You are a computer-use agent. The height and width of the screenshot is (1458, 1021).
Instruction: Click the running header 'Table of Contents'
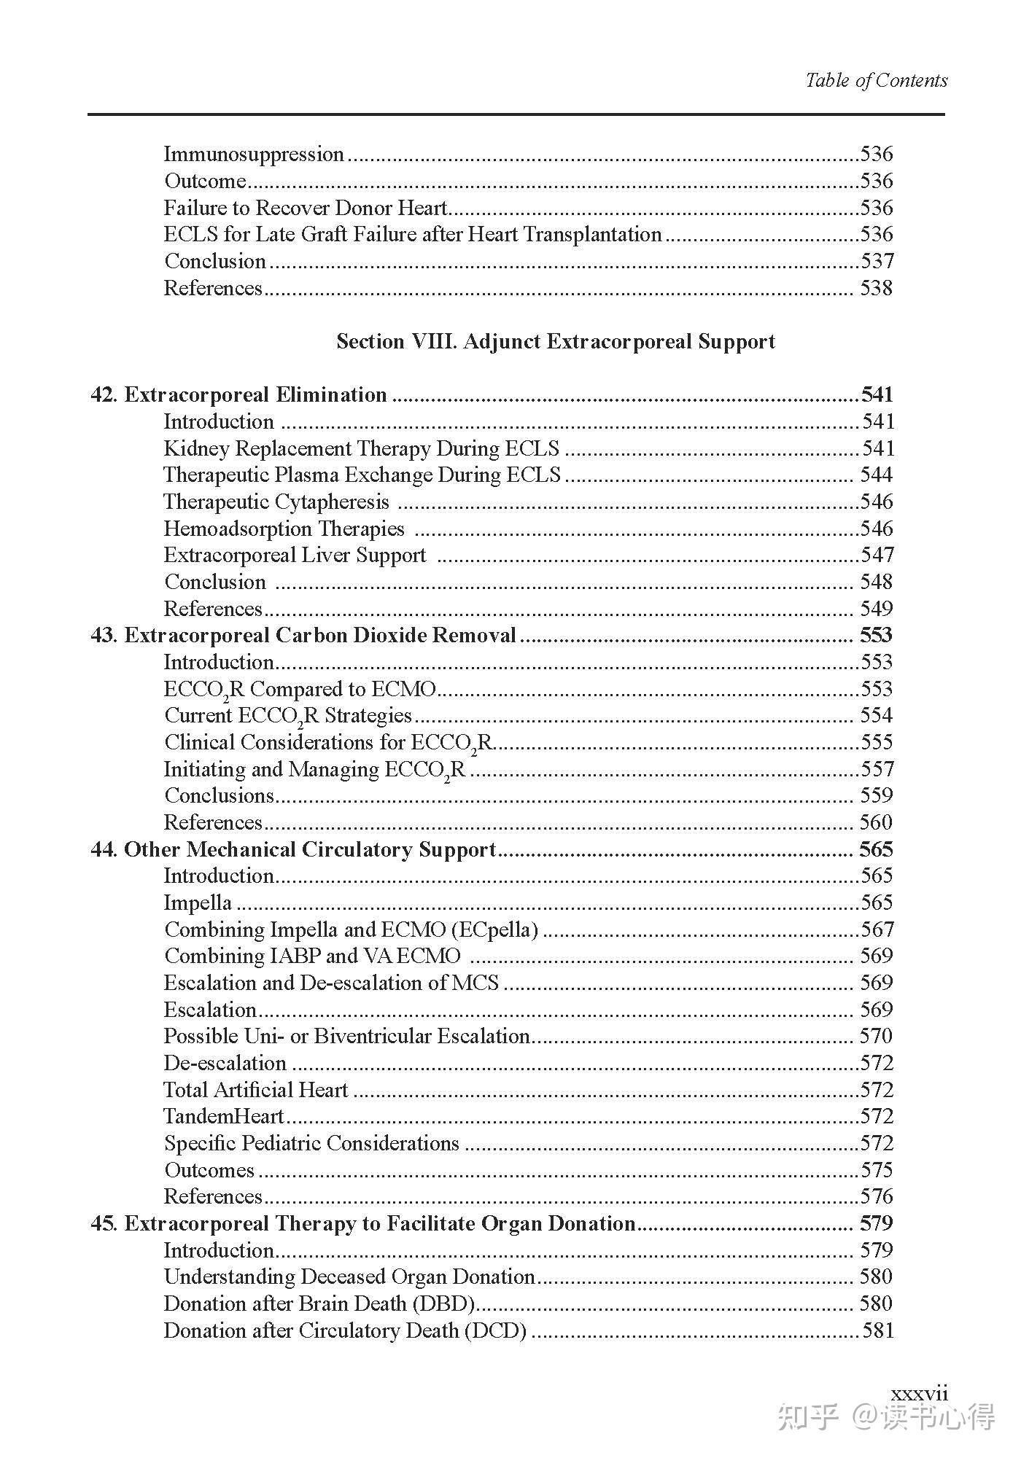[x=876, y=80]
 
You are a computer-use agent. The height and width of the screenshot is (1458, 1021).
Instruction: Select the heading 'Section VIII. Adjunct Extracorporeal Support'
[x=555, y=341]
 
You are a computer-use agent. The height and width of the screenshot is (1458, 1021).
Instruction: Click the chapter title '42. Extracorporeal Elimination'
[x=238, y=395]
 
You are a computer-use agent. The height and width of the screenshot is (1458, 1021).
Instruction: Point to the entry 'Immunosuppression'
[x=253, y=155]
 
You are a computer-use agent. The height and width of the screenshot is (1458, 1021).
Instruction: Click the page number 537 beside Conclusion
[x=876, y=261]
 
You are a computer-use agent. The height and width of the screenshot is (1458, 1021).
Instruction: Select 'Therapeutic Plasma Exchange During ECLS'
[x=362, y=475]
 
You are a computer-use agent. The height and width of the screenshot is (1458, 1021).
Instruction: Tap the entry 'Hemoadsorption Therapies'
[x=284, y=529]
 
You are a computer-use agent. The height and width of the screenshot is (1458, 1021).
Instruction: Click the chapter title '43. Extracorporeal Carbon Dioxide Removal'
[x=303, y=636]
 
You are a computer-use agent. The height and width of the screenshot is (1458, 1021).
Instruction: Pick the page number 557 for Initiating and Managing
[x=876, y=769]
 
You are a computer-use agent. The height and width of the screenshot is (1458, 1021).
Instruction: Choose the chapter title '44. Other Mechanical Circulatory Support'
[x=293, y=849]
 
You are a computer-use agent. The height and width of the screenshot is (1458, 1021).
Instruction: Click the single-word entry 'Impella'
[x=198, y=903]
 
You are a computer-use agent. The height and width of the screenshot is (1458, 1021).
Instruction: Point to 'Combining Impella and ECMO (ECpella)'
[x=351, y=930]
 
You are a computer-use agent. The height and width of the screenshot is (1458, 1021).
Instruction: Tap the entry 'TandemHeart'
[x=223, y=1116]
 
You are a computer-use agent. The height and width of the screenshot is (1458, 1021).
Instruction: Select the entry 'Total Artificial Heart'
[x=255, y=1090]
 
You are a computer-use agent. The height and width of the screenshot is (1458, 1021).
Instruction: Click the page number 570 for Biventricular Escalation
[x=876, y=1036]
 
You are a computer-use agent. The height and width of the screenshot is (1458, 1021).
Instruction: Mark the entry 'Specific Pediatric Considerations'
[x=311, y=1143]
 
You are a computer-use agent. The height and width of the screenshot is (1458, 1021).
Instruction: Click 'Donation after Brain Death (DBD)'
[x=319, y=1303]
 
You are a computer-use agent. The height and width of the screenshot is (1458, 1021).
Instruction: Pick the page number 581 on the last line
[x=877, y=1330]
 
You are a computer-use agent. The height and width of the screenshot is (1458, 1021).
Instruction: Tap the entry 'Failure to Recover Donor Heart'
[x=305, y=208]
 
